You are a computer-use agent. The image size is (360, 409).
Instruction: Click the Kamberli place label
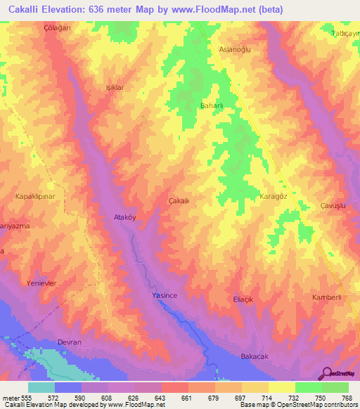click(327, 297)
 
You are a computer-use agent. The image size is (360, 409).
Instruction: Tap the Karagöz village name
click(275, 196)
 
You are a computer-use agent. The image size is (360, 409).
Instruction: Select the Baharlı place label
click(212, 106)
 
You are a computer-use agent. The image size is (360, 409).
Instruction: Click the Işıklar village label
click(115, 88)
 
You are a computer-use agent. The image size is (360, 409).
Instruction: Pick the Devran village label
click(70, 342)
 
